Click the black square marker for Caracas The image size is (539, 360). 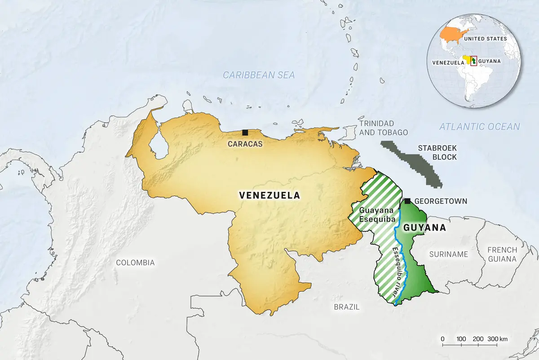[245, 132]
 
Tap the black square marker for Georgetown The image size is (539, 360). [408, 201]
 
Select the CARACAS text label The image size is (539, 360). [245, 144]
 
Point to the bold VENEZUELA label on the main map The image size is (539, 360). [269, 196]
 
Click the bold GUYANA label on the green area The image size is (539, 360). [424, 228]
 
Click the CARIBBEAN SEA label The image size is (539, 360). [259, 75]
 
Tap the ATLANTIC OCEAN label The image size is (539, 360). [479, 127]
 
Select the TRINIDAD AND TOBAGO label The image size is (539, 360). [383, 128]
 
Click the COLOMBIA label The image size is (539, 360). [135, 262]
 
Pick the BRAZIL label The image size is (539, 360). [347, 307]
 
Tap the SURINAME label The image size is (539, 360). [449, 254]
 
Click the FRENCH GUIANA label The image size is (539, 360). [502, 254]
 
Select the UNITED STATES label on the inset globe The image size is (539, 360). [486, 39]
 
